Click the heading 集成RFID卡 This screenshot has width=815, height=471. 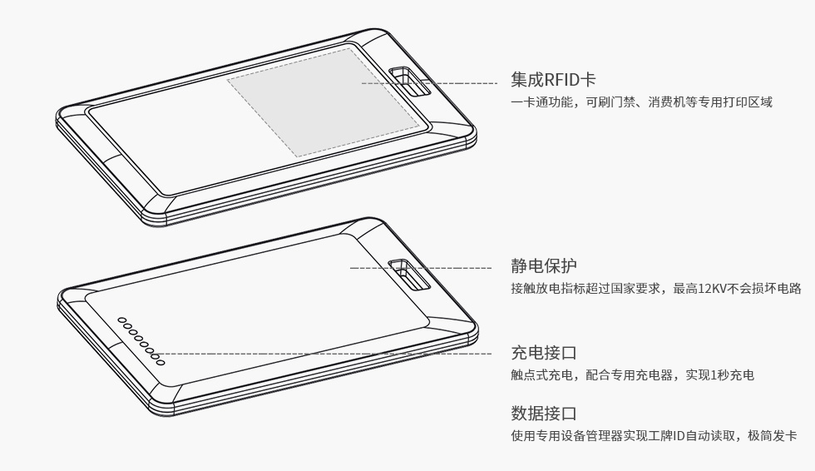tap(553, 80)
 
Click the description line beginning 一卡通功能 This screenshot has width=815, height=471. tap(641, 103)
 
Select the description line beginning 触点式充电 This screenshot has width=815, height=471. tap(632, 375)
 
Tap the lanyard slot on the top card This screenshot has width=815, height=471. tap(408, 82)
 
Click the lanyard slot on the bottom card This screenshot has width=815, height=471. tap(410, 275)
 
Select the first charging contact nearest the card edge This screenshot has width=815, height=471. tap(121, 320)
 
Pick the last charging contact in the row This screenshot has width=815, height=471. tap(161, 361)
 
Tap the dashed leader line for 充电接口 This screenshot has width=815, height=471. tap(333, 354)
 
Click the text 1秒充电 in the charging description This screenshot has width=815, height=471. tap(733, 375)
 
